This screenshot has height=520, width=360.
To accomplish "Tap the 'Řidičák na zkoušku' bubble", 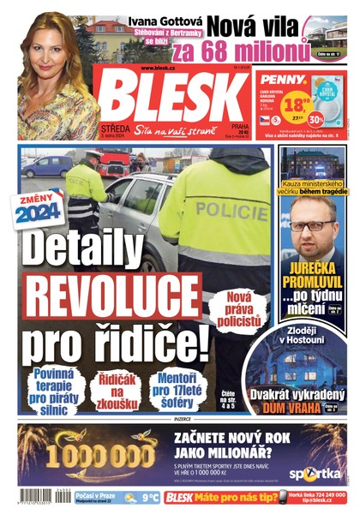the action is (116, 386).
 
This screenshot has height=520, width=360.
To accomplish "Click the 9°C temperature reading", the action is (151, 496).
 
